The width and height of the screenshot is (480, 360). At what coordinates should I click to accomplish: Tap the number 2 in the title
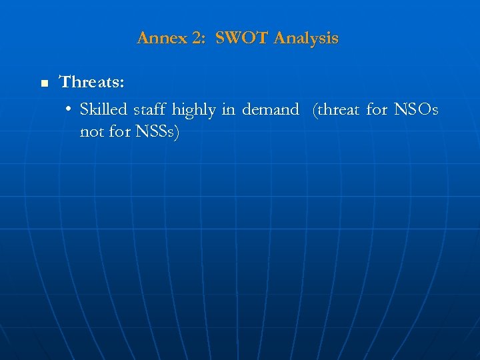point(197,39)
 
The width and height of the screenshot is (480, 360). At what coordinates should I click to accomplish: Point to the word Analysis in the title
point(306,39)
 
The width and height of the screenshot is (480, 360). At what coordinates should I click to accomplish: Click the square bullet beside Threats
point(44,84)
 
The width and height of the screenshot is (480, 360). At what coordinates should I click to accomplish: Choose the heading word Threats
point(92,82)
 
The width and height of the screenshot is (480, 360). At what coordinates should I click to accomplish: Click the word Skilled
point(103,109)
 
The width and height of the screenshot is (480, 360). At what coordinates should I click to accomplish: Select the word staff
point(151,109)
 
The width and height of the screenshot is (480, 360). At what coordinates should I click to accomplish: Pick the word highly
point(194,110)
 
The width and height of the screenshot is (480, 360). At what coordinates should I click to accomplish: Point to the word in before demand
point(229,109)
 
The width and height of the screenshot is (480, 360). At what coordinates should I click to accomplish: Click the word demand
point(270,109)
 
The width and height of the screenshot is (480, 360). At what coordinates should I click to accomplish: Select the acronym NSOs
point(417,109)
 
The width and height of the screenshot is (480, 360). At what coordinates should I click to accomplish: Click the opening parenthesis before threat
point(315,110)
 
